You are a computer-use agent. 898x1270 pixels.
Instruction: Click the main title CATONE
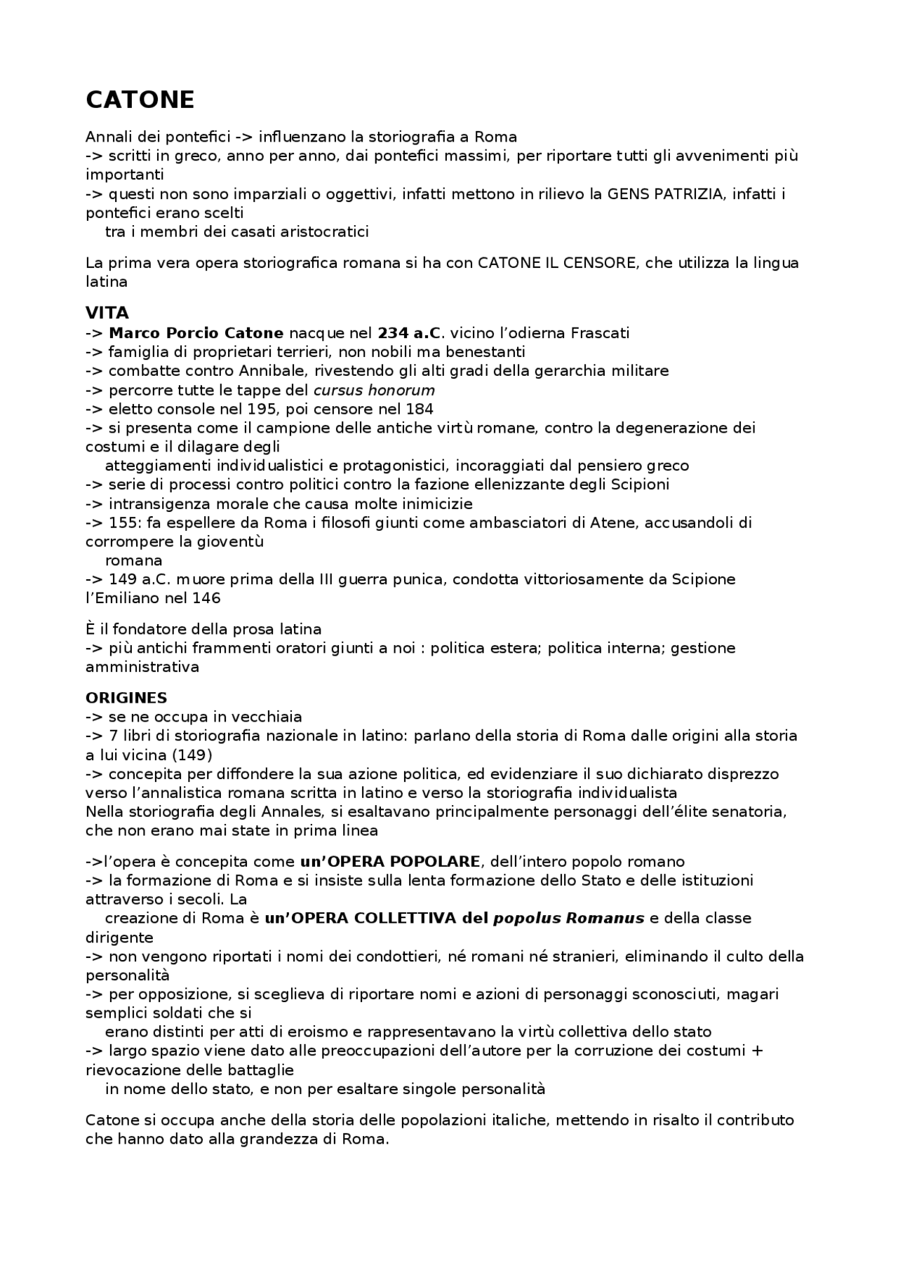140,100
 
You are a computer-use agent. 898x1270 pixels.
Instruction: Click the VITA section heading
107,313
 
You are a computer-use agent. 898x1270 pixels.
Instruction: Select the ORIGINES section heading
126,698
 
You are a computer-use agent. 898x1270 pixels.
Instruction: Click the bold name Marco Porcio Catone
196,332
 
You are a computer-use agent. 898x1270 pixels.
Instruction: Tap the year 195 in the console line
262,409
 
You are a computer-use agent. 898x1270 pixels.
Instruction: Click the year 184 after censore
420,409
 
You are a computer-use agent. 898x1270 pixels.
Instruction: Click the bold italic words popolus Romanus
569,919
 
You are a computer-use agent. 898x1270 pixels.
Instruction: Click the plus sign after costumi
757,1051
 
